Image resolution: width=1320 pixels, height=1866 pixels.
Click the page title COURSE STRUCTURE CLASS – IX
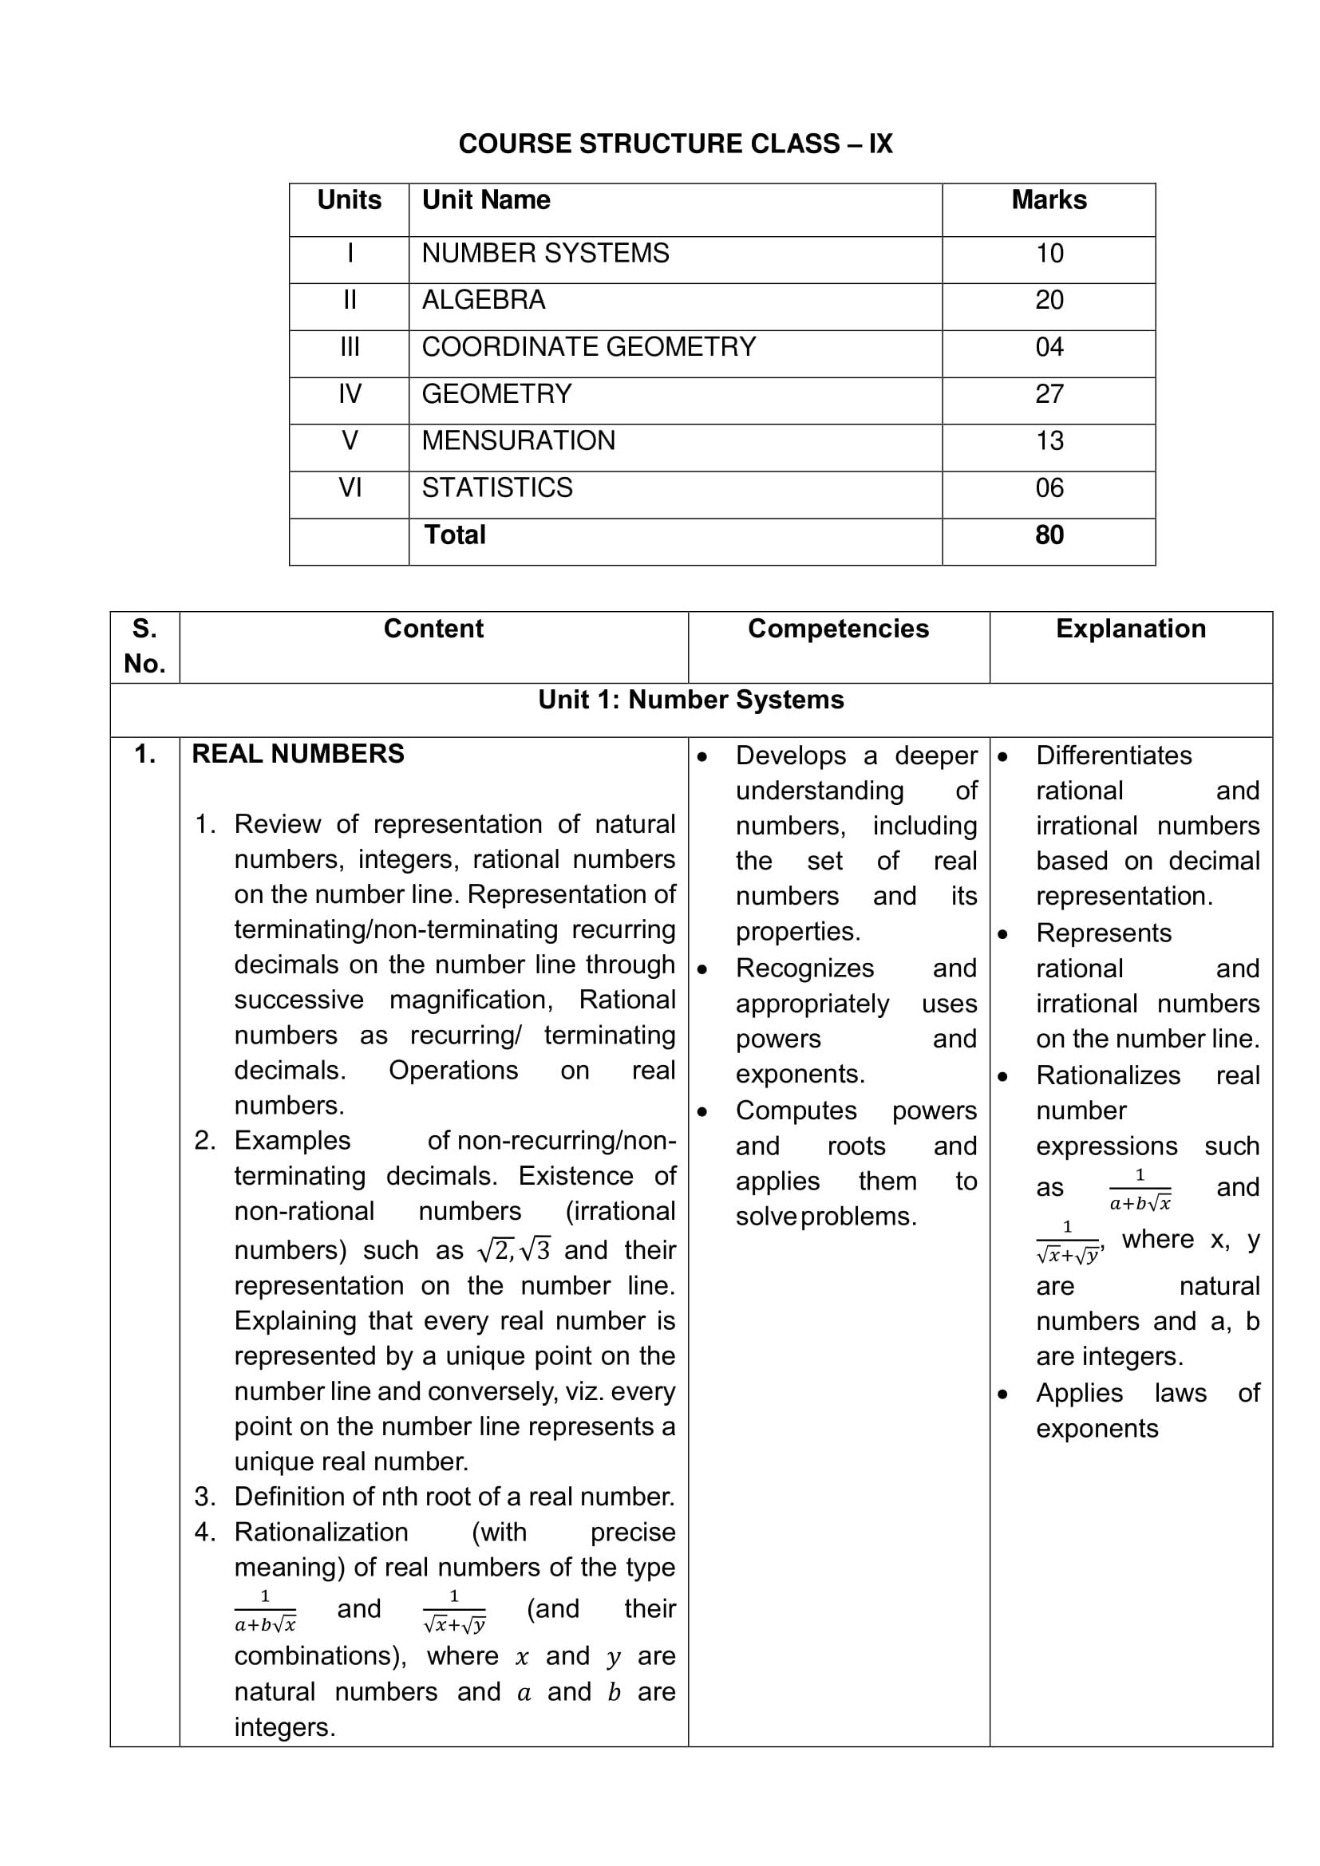(x=674, y=144)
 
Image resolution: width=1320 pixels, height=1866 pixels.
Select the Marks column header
(x=1049, y=200)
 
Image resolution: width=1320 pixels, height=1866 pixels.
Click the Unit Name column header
(x=485, y=200)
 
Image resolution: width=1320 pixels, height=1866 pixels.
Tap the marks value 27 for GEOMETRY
(x=1049, y=394)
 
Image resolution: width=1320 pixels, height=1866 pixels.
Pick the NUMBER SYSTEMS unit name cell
(x=544, y=254)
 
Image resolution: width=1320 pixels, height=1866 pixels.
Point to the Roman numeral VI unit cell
(x=350, y=487)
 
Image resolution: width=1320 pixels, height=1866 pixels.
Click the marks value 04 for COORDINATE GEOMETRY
(x=1049, y=347)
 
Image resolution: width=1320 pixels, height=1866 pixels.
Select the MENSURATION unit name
(x=518, y=440)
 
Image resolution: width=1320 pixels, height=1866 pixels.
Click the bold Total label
(x=454, y=535)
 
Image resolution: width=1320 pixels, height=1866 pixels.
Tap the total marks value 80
(x=1049, y=535)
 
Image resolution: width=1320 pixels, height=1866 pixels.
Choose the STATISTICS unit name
(x=496, y=487)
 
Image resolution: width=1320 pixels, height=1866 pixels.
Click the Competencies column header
(x=838, y=628)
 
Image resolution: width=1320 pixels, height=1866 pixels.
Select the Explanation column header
(x=1131, y=628)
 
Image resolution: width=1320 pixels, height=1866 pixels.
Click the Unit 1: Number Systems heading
(x=691, y=700)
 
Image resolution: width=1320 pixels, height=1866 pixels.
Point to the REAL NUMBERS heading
(x=298, y=753)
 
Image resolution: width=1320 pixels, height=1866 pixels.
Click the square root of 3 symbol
(x=535, y=1249)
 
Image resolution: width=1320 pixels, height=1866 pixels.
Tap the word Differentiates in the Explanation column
(x=1113, y=755)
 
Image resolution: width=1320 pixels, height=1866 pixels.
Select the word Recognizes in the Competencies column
(x=804, y=968)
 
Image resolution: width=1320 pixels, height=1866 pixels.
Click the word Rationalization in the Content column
(x=321, y=1532)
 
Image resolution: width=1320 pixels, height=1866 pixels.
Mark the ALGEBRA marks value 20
(x=1049, y=300)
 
